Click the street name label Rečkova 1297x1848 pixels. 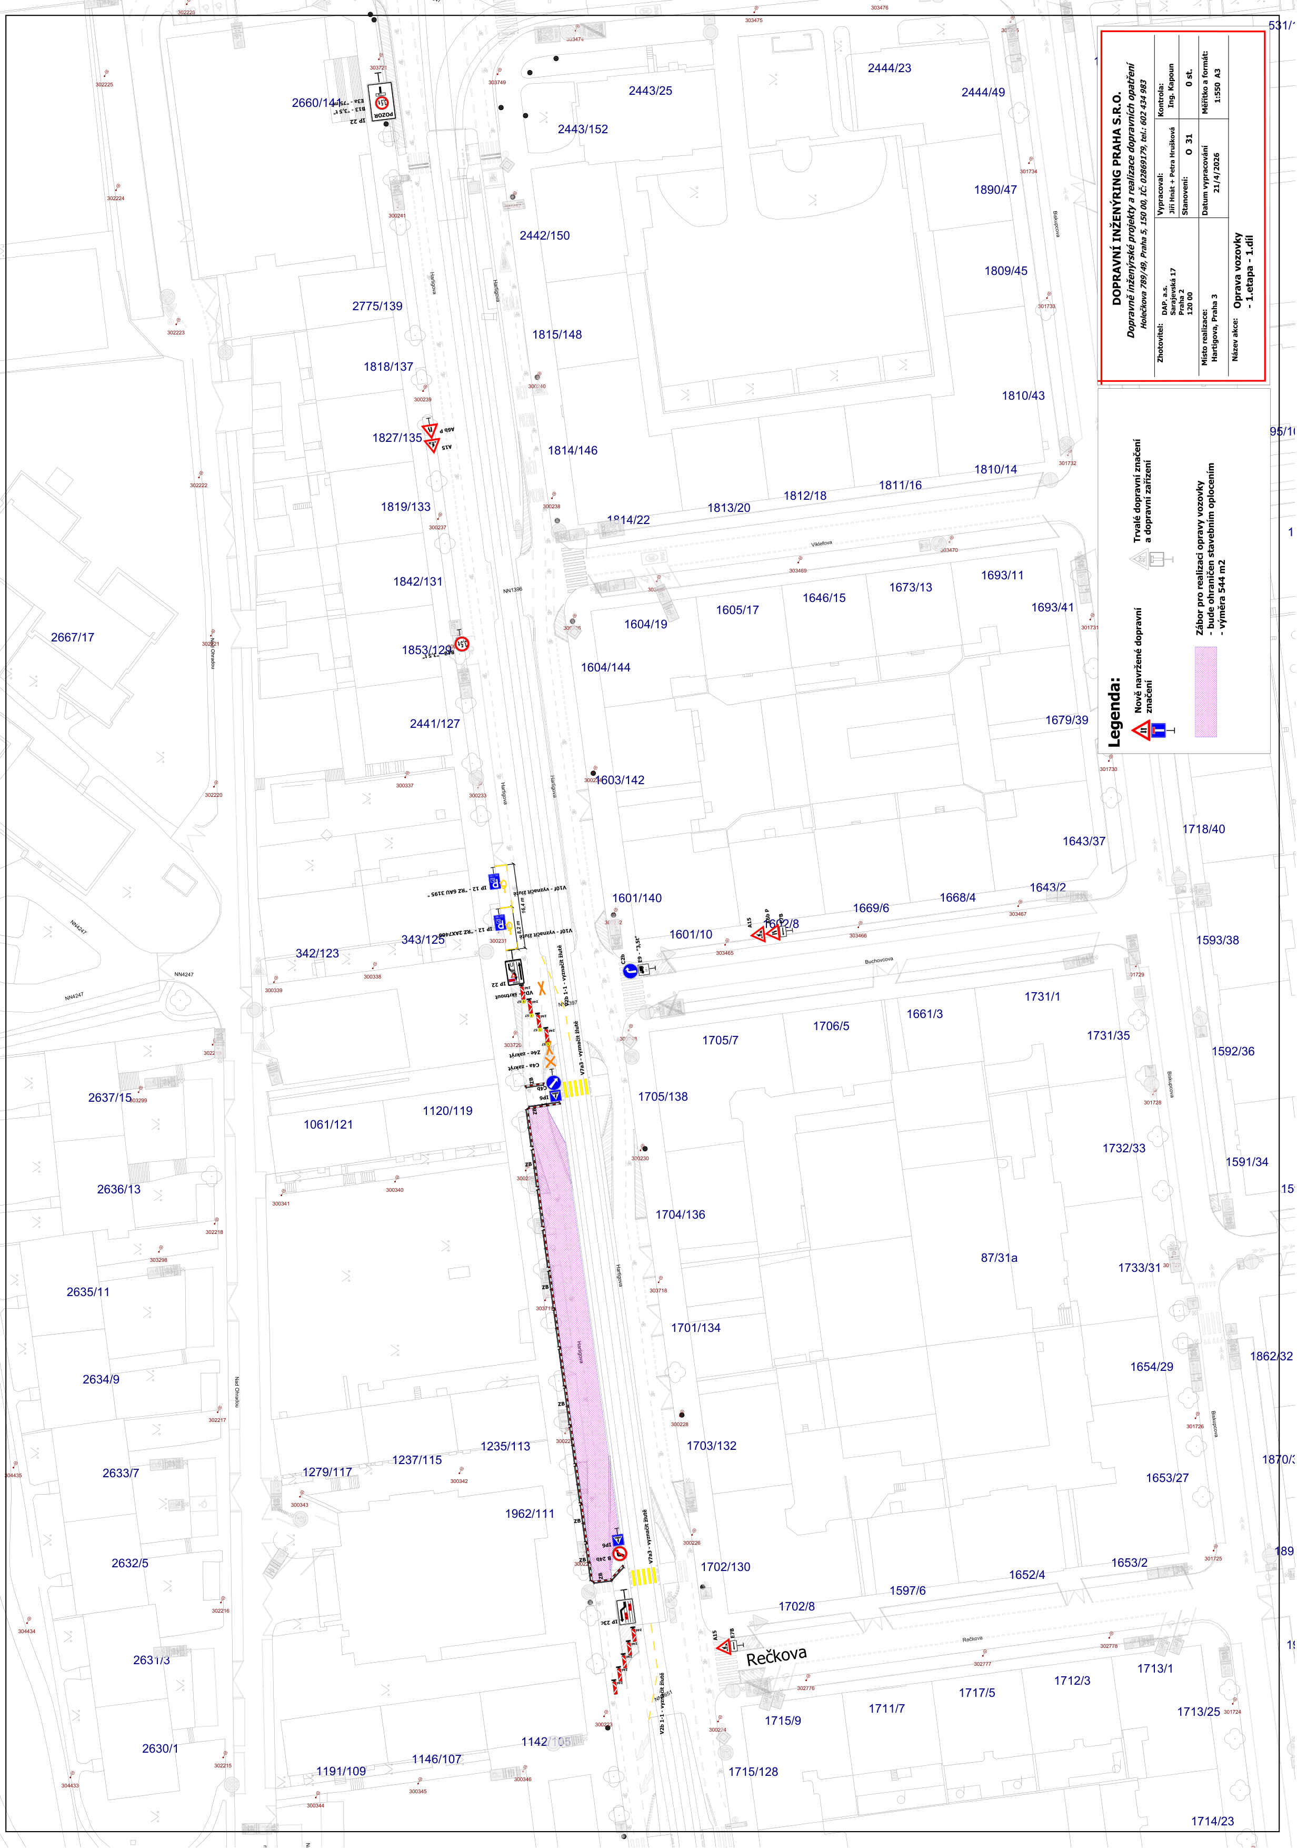[x=776, y=1656]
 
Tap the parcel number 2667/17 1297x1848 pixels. [x=73, y=637]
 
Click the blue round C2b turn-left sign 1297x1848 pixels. [x=630, y=971]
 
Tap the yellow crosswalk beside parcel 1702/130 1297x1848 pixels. [x=643, y=1576]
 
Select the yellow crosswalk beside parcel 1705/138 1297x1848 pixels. [x=575, y=1089]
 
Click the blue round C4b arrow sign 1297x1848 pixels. [x=553, y=1083]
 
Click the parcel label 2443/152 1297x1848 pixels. [x=583, y=129]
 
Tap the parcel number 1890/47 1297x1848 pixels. [x=995, y=190]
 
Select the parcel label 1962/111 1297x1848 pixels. [x=530, y=1513]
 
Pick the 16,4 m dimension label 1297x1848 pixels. [x=521, y=905]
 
